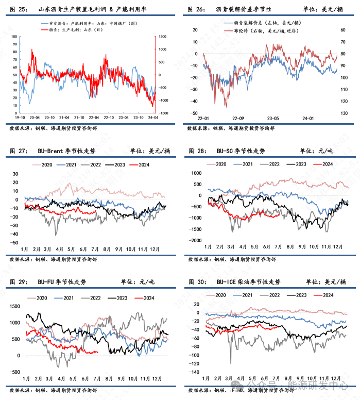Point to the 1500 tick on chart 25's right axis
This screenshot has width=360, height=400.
[163, 37]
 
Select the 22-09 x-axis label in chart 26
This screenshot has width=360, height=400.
[238, 118]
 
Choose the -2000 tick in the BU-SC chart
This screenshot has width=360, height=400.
[196, 241]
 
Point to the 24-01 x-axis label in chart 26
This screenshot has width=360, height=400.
[308, 118]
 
